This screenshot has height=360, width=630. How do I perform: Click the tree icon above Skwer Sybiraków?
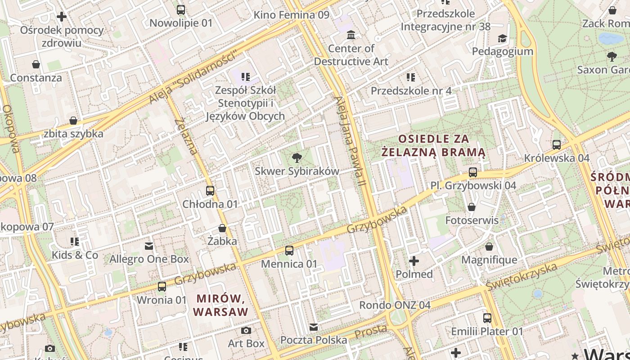coord(297,157)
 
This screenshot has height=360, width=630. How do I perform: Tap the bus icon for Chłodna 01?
coord(210,190)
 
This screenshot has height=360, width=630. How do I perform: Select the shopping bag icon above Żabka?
coord(222,228)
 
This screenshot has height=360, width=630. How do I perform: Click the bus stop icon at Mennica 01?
coord(289,250)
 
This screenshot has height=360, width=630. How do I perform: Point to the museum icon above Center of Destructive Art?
coord(351,35)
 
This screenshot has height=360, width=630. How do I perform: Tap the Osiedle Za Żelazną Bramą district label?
coord(433,145)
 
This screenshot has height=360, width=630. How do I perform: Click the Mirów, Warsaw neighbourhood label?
coord(220,305)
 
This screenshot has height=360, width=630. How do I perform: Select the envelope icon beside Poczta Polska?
coord(314,327)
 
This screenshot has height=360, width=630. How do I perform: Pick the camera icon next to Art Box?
coord(246,330)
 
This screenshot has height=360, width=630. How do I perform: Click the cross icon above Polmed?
coord(414,261)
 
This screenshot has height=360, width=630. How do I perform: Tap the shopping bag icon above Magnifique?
coord(489,247)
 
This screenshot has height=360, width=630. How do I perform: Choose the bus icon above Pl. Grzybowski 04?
coord(472,172)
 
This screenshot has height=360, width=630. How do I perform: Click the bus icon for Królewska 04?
coord(557,144)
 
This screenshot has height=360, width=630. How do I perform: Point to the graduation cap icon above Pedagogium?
coord(502,38)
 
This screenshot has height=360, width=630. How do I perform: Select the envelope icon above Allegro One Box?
coord(148,246)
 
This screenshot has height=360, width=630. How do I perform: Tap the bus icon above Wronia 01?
coord(162,286)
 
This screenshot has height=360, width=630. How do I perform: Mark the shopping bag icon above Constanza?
coord(36,64)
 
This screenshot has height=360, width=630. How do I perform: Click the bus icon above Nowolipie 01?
coord(180,9)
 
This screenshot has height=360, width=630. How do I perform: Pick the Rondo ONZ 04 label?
coord(395,305)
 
